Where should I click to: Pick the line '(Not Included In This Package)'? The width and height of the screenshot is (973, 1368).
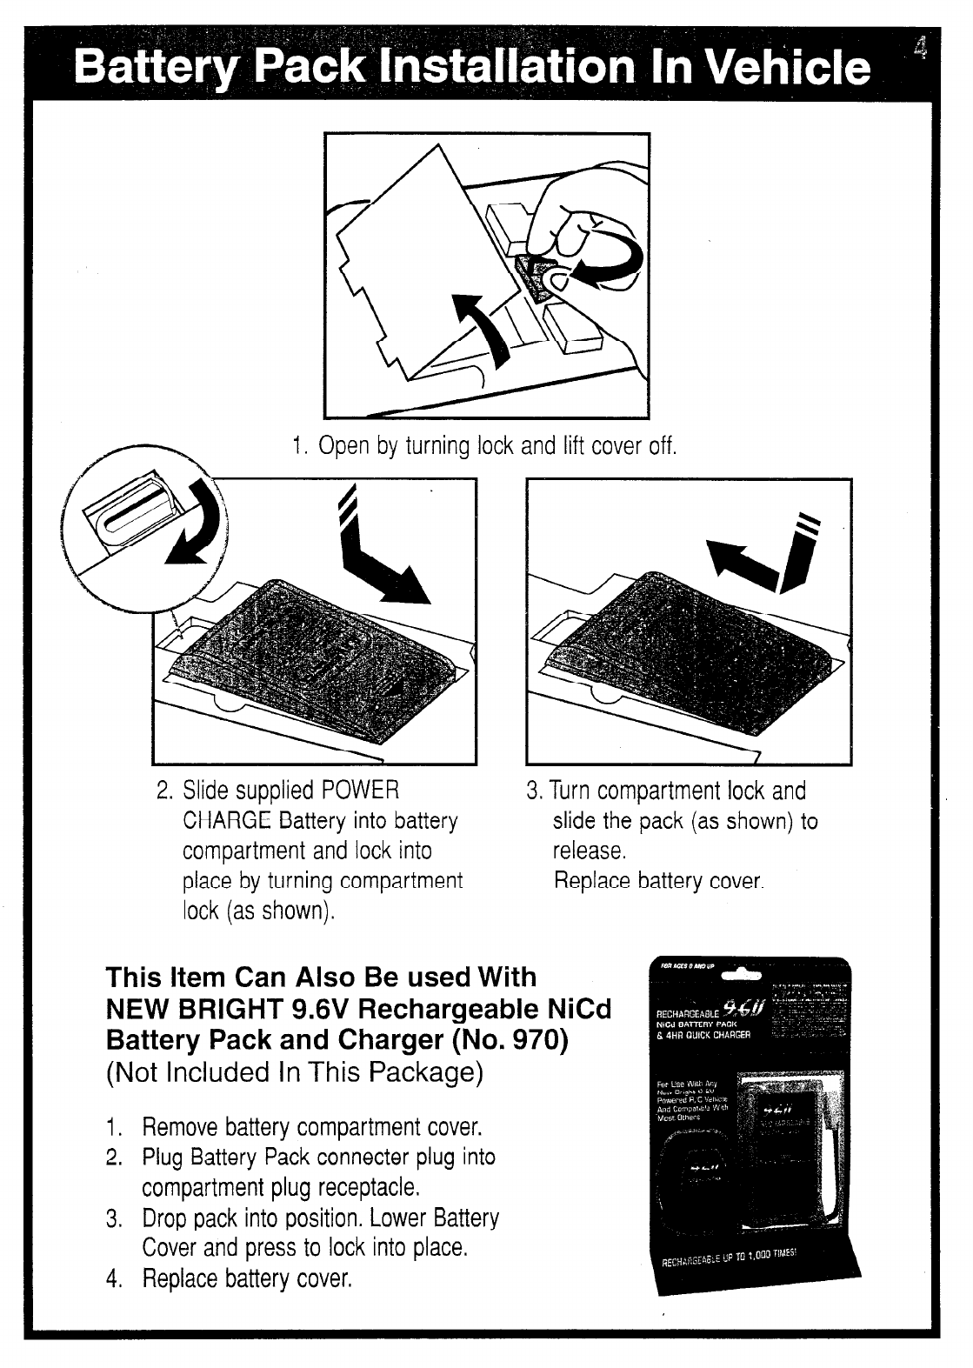pyautogui.click(x=294, y=1071)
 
